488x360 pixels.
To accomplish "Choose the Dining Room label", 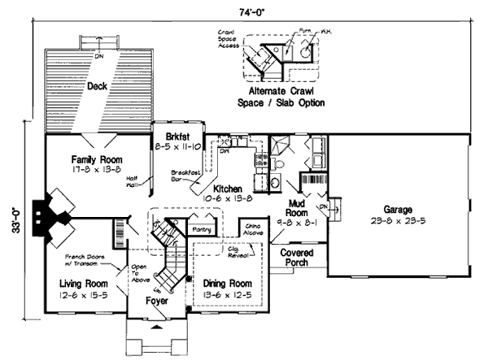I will (x=226, y=288).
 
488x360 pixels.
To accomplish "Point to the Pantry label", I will (x=200, y=230).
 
